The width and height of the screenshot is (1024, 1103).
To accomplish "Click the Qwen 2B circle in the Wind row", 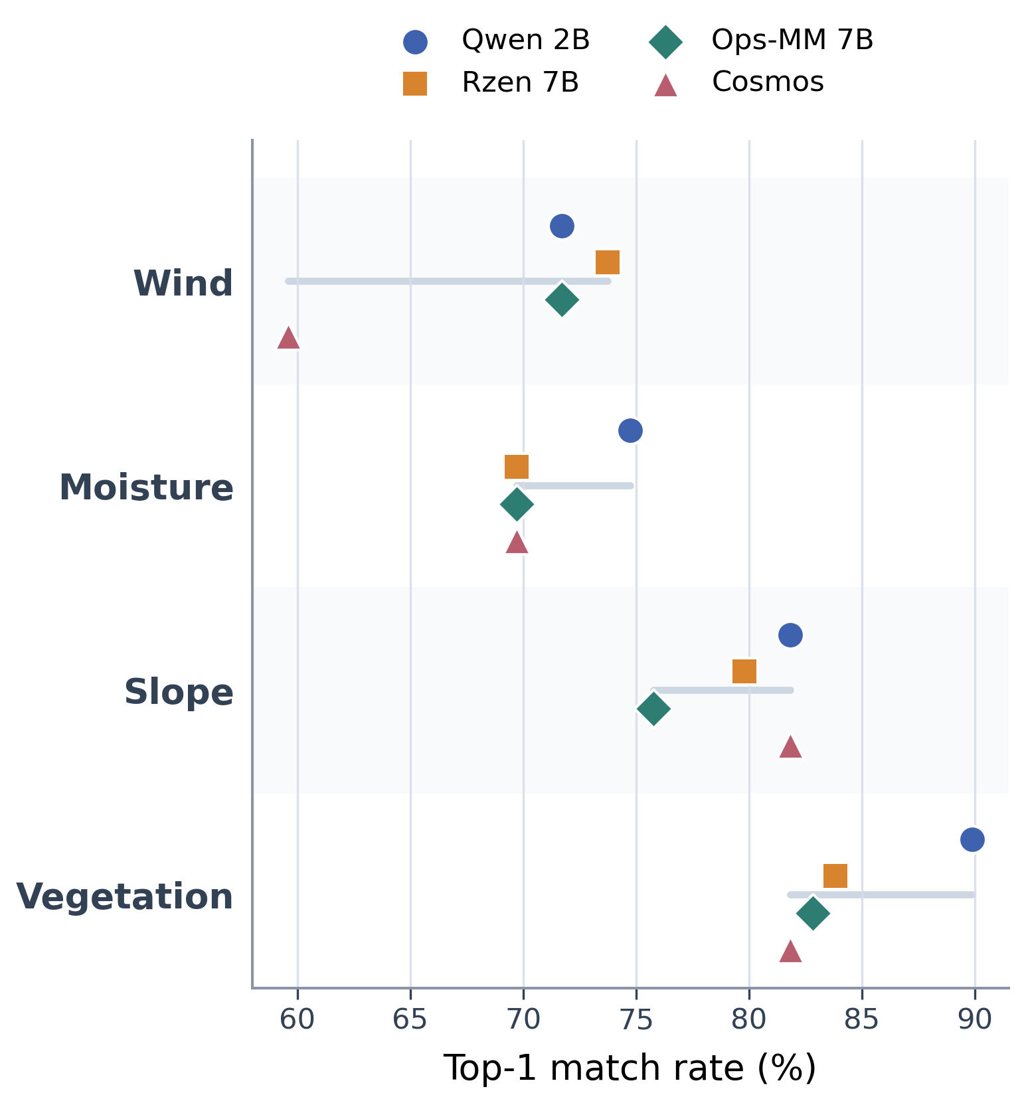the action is tap(562, 226).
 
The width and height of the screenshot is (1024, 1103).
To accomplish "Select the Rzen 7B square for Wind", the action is tap(608, 263).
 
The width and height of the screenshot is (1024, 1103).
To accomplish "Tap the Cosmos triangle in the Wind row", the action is tap(288, 337).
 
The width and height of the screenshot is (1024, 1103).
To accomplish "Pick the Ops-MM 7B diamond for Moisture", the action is tap(517, 505).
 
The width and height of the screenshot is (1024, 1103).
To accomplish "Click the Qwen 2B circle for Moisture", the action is tap(630, 431).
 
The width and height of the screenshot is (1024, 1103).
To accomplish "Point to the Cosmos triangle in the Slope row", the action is tap(790, 746).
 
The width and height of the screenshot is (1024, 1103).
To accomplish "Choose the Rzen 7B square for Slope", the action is tap(744, 672).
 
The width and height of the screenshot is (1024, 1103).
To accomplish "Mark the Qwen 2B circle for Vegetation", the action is tap(972, 840).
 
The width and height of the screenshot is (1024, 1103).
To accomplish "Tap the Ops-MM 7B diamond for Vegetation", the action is tap(813, 914).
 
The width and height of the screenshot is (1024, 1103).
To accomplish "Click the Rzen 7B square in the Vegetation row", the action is tap(835, 877).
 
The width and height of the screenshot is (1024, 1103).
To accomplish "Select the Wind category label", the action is tap(183, 284).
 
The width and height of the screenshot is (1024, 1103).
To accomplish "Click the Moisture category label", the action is tap(146, 488).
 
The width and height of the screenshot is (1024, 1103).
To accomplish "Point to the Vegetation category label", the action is tap(125, 897).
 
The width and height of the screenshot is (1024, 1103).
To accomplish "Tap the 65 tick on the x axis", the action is tap(410, 1020).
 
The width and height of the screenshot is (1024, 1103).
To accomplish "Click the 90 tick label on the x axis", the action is tap(975, 1020).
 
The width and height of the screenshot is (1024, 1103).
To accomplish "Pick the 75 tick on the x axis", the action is tap(636, 1020).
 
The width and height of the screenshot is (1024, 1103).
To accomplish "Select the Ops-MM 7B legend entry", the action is tap(761, 41).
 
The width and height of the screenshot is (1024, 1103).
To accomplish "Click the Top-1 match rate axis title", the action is tap(630, 1068).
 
